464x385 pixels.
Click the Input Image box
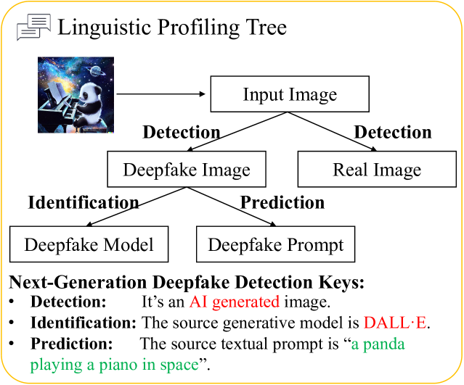pos(290,94)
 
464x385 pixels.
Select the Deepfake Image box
pos(186,170)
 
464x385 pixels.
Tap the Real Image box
pos(376,170)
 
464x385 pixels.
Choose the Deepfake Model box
pos(89,244)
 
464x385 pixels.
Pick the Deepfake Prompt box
pos(275,244)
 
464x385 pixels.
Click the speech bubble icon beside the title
pos(33,28)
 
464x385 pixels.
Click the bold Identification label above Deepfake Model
pos(83,202)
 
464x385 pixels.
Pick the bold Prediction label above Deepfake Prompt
pos(282,202)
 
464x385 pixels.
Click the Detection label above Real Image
pos(392,132)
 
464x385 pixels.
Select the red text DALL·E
pos(396,323)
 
